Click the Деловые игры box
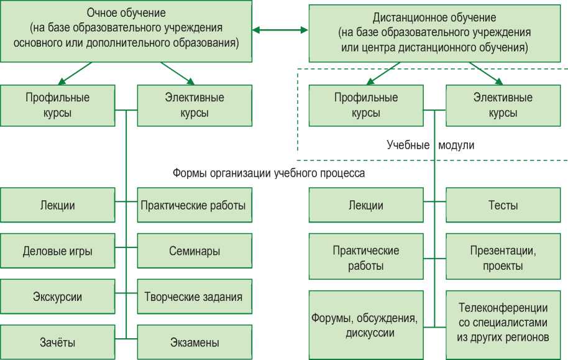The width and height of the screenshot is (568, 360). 58,251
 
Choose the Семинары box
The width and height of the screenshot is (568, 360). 195,251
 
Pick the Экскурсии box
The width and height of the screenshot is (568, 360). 58,297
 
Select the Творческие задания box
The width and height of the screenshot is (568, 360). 195,297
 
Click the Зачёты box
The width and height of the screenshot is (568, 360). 58,342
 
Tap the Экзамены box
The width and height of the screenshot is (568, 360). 195,342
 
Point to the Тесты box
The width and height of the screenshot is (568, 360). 503,205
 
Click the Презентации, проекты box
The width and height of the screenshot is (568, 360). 503,258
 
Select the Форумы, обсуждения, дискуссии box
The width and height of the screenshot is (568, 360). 367,325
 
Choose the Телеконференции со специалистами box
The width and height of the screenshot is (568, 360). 503,323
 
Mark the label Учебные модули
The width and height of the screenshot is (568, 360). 431,145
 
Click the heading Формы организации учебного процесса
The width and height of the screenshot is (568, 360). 268,173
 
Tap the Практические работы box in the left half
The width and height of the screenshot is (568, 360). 195,205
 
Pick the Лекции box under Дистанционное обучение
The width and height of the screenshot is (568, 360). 367,205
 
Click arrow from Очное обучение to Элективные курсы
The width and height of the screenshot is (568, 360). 178,73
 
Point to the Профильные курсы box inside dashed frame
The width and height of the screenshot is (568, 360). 367,105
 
